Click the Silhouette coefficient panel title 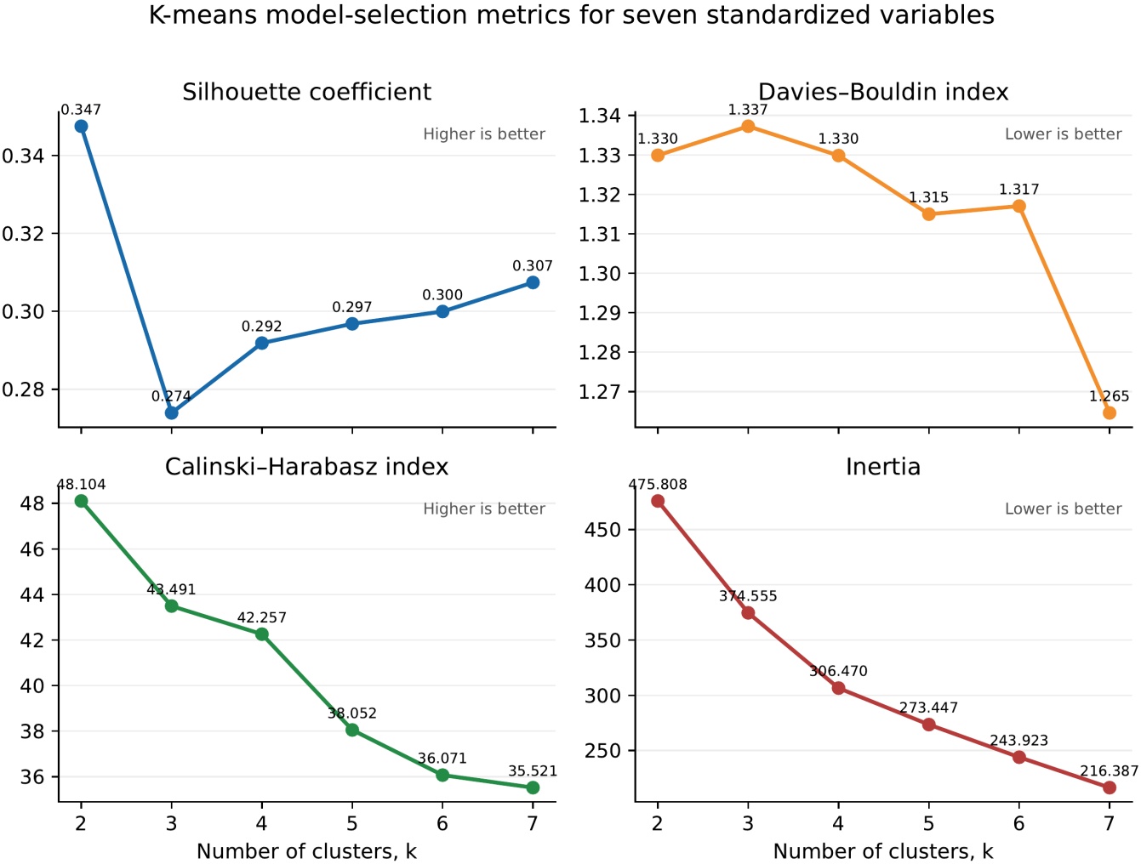306,92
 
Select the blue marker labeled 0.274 172,413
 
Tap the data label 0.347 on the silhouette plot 81,110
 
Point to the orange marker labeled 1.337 748,126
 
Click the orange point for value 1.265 1110,413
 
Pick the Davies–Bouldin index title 883,92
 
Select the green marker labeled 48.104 81,501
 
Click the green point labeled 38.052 352,730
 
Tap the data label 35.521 533,770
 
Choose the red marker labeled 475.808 658,501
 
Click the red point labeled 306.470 838,689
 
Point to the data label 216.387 1110,770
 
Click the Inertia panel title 883,467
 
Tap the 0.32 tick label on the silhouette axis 25,234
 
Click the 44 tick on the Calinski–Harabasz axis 32,594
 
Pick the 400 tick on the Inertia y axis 603,585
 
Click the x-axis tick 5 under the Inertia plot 929,823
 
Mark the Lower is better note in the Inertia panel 1063,509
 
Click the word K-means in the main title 203,14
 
